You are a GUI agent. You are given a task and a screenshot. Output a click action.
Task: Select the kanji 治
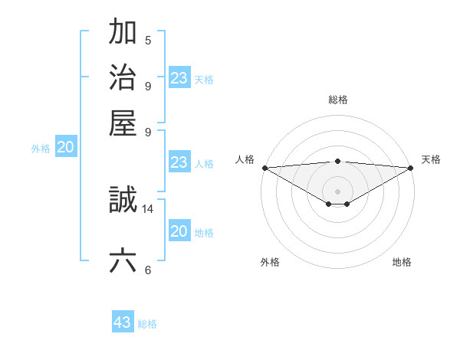point(123,77)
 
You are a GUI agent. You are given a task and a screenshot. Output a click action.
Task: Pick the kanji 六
point(123,260)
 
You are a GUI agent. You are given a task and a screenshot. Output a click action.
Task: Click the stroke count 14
point(149,208)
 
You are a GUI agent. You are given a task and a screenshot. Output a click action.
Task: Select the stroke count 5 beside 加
point(148,41)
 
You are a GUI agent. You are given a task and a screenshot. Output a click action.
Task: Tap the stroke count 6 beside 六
point(148,270)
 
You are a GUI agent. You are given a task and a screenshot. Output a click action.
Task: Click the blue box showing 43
point(123,322)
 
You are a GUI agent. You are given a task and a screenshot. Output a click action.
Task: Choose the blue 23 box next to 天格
point(179,78)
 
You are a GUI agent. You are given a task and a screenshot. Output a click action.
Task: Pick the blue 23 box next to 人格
point(179,162)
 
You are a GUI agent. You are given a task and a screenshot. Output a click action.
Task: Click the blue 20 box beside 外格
point(66,148)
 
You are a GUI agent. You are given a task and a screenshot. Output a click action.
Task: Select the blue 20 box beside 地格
point(179,231)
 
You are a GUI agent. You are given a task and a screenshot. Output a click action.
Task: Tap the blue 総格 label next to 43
point(147,324)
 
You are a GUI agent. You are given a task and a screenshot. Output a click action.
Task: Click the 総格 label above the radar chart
point(337,100)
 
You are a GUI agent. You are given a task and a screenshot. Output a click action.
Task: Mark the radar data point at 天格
point(411,168)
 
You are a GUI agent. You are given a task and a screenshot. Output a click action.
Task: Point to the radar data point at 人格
point(264,168)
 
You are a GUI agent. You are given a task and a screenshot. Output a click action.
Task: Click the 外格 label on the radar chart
point(270,262)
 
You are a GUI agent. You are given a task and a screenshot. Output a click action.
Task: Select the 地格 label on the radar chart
point(402,262)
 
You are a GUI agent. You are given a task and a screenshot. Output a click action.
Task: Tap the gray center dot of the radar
point(337,191)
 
